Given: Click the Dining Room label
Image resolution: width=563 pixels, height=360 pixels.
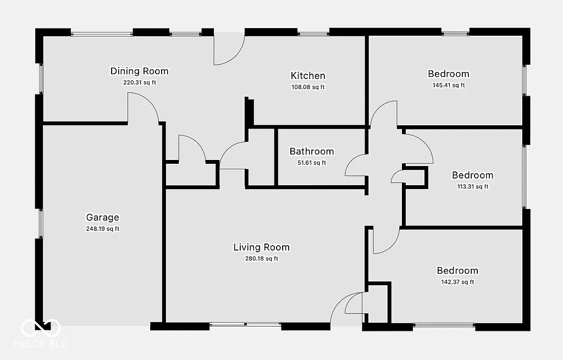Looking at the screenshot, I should click(139, 71).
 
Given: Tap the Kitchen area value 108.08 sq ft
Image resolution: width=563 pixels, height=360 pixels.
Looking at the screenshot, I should click(308, 87).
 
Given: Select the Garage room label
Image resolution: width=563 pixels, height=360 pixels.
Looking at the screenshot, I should click(102, 217).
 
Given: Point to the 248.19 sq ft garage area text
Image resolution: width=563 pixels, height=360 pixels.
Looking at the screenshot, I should click(102, 229).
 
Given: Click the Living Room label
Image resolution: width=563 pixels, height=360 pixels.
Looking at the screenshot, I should click(261, 247).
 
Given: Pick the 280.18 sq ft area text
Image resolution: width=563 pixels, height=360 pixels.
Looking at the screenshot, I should click(261, 259).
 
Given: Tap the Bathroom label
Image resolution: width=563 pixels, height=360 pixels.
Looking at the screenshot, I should click(312, 151).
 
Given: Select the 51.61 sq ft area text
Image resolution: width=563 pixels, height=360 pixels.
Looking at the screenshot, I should click(312, 163).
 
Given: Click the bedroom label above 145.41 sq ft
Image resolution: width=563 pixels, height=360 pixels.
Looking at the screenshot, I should click(449, 74).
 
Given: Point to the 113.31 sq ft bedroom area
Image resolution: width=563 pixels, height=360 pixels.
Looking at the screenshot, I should click(472, 186).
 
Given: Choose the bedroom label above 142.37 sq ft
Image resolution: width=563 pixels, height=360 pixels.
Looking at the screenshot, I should click(457, 270).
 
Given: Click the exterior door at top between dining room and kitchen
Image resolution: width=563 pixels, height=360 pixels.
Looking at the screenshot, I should click(228, 49).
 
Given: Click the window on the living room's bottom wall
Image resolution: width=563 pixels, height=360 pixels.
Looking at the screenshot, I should click(245, 325).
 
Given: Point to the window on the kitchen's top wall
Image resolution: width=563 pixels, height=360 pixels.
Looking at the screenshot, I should click(313, 34).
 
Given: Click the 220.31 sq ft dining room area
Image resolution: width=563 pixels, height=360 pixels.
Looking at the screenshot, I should click(139, 82).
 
